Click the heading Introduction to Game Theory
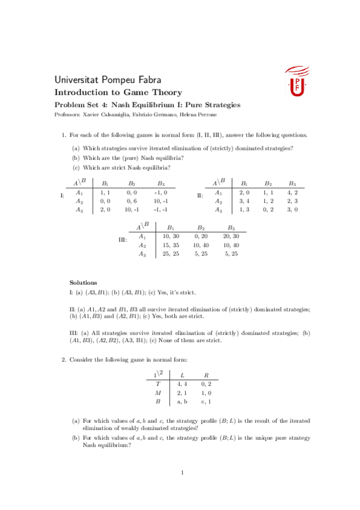(118, 92)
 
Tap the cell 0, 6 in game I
(132, 200)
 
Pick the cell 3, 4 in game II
(244, 200)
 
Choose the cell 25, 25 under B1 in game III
(171, 254)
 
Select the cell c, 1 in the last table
(207, 401)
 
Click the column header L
(183, 373)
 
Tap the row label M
(158, 392)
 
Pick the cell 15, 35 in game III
(171, 245)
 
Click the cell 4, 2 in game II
(293, 192)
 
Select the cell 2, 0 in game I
(105, 209)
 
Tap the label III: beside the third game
(123, 240)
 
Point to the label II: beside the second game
(200, 195)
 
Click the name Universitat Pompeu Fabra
(108, 79)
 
